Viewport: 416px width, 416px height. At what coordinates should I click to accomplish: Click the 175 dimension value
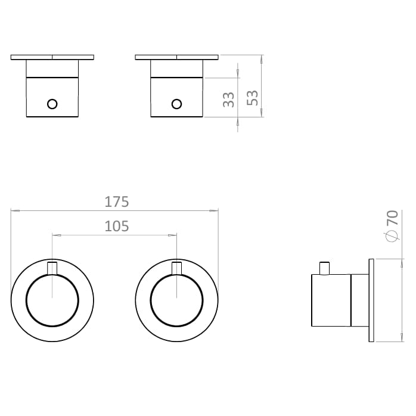point(117,201)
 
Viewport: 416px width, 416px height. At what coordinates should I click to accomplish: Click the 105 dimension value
point(117,226)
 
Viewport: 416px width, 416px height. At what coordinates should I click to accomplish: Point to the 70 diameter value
point(392,218)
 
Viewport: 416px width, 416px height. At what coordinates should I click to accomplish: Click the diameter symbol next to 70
point(392,237)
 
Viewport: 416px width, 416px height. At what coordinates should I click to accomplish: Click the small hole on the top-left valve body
point(52,104)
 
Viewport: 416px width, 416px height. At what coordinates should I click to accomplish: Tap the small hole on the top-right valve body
point(176,104)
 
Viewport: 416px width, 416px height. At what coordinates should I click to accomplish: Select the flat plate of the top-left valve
point(52,58)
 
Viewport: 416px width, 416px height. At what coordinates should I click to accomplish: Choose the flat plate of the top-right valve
point(177,58)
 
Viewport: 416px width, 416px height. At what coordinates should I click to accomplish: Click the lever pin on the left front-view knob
point(52,268)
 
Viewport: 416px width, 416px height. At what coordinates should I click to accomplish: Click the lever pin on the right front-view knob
point(177,268)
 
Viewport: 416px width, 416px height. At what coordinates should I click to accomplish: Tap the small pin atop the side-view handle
point(325,269)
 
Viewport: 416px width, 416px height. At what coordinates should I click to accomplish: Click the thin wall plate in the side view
point(372,300)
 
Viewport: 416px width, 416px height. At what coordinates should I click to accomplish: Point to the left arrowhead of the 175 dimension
point(14,210)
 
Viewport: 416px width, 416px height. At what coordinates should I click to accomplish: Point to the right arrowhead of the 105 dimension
point(174,235)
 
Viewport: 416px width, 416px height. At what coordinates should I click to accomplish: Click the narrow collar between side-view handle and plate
point(360,300)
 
